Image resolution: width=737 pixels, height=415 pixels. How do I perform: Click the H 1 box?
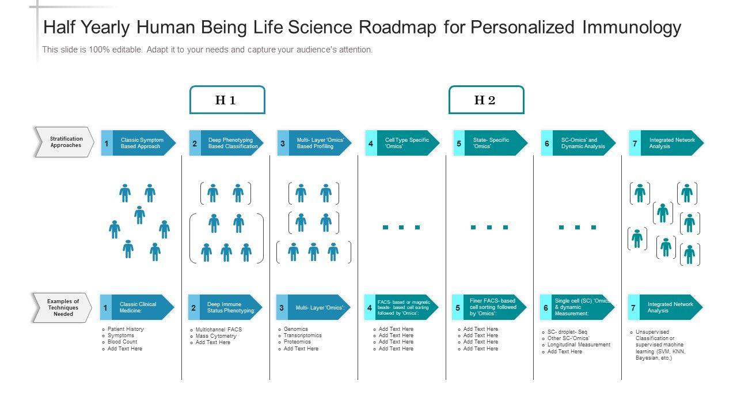(227, 100)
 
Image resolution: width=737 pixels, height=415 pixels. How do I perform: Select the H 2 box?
(486, 100)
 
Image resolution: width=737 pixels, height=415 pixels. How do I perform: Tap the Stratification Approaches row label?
(65, 142)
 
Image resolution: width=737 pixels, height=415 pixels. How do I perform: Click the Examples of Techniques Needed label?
(63, 307)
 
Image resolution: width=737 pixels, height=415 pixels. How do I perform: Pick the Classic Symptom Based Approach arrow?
(142, 143)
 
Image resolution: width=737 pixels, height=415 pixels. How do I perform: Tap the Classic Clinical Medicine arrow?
(142, 307)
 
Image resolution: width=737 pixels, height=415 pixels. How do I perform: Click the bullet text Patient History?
(126, 329)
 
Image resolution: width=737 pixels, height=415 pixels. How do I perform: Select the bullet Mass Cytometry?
(216, 336)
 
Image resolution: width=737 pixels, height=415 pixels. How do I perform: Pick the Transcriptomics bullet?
(302, 335)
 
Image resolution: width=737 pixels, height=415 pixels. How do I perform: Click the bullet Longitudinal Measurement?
(579, 345)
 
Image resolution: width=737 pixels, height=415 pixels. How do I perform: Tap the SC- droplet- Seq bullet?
(567, 332)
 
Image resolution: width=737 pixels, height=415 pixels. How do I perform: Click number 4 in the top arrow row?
(371, 144)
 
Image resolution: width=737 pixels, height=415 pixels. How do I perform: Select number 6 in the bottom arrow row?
(546, 308)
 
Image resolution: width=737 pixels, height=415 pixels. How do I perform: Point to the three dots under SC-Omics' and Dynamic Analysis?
(578, 227)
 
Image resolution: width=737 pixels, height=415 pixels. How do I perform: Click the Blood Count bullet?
(122, 342)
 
